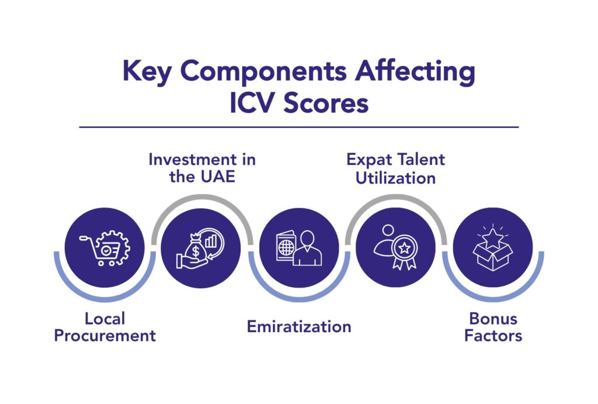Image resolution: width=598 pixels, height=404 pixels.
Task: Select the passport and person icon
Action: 299,248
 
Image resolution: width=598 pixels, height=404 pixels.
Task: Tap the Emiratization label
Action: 299,326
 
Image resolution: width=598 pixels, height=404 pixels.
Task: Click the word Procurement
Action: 105,336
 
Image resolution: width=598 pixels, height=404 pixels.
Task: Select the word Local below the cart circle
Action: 105,319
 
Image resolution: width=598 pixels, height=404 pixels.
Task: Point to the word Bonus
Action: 493,319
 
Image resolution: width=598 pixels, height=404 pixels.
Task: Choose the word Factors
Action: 493,336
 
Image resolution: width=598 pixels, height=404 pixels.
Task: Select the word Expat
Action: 367,159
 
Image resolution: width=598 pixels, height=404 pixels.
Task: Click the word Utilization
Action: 395,177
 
